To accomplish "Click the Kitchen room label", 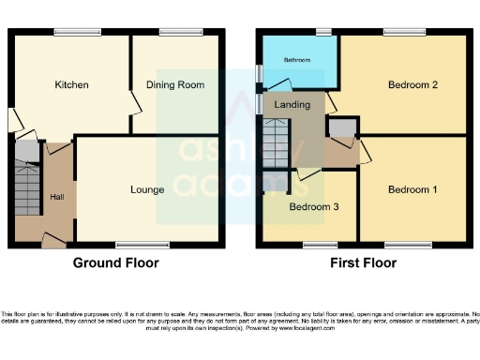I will pyautogui.click(x=71, y=85).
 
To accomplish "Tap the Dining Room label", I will pyautogui.click(x=175, y=85).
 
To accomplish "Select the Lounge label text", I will pyautogui.click(x=147, y=189).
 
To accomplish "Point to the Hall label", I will pyautogui.click(x=57, y=196).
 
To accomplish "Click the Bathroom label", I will pyautogui.click(x=297, y=60).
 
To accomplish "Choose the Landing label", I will pyautogui.click(x=293, y=105).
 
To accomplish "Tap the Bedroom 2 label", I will pyautogui.click(x=413, y=85).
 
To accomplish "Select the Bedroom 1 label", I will pyautogui.click(x=412, y=189).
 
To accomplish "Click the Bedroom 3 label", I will pyautogui.click(x=313, y=206).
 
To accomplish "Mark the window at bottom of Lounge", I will pyautogui.click(x=135, y=246).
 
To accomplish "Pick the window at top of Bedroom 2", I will pyautogui.click(x=403, y=32).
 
